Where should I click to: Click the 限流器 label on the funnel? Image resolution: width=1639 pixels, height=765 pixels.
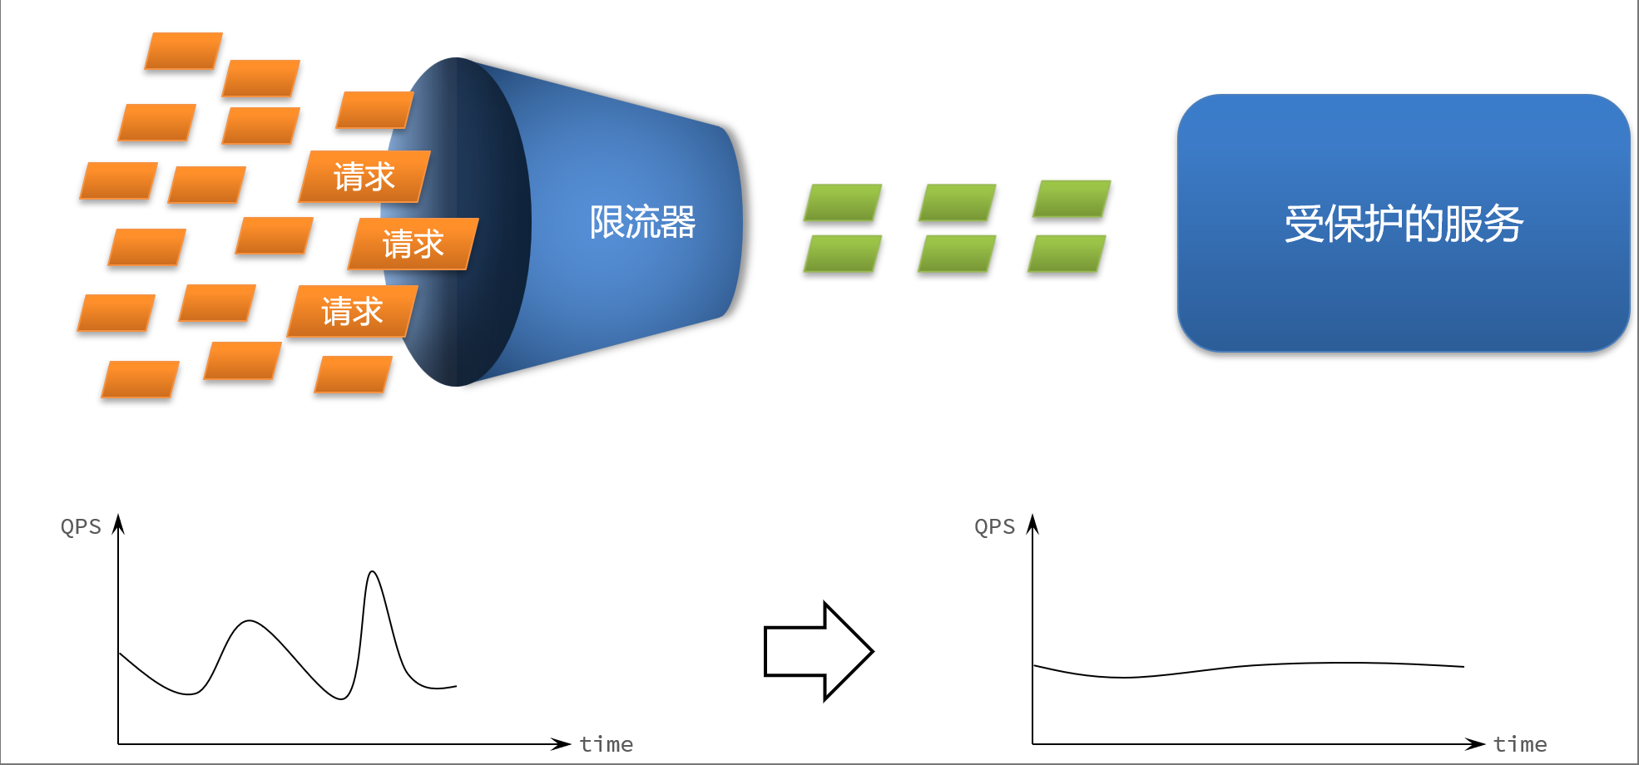(642, 222)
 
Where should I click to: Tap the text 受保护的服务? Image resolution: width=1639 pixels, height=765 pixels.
(1404, 224)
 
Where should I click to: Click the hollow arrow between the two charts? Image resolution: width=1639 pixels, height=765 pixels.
(819, 651)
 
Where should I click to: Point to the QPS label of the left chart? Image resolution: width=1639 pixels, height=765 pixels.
(81, 526)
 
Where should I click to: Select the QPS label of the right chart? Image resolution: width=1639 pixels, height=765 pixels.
(995, 526)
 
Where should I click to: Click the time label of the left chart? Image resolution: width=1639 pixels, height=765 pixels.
(606, 744)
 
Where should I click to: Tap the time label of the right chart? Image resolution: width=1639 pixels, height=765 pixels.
(1520, 744)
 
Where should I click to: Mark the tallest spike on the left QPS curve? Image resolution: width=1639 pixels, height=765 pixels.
(373, 572)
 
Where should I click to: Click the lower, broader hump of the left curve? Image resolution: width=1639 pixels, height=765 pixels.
(249, 621)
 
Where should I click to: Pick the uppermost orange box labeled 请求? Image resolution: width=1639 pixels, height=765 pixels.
(364, 176)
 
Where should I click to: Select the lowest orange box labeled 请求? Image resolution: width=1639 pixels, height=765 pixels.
(353, 311)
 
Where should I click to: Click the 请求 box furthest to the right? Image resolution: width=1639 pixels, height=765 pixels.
(413, 244)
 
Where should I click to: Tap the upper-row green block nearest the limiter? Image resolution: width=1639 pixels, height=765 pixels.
(843, 203)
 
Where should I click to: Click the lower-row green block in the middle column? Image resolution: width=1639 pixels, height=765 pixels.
(957, 254)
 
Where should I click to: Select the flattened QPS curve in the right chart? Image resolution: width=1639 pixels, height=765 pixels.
(1248, 666)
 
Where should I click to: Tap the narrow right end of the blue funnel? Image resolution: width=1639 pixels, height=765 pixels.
(730, 222)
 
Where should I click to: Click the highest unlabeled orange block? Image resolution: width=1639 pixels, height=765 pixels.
(183, 51)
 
